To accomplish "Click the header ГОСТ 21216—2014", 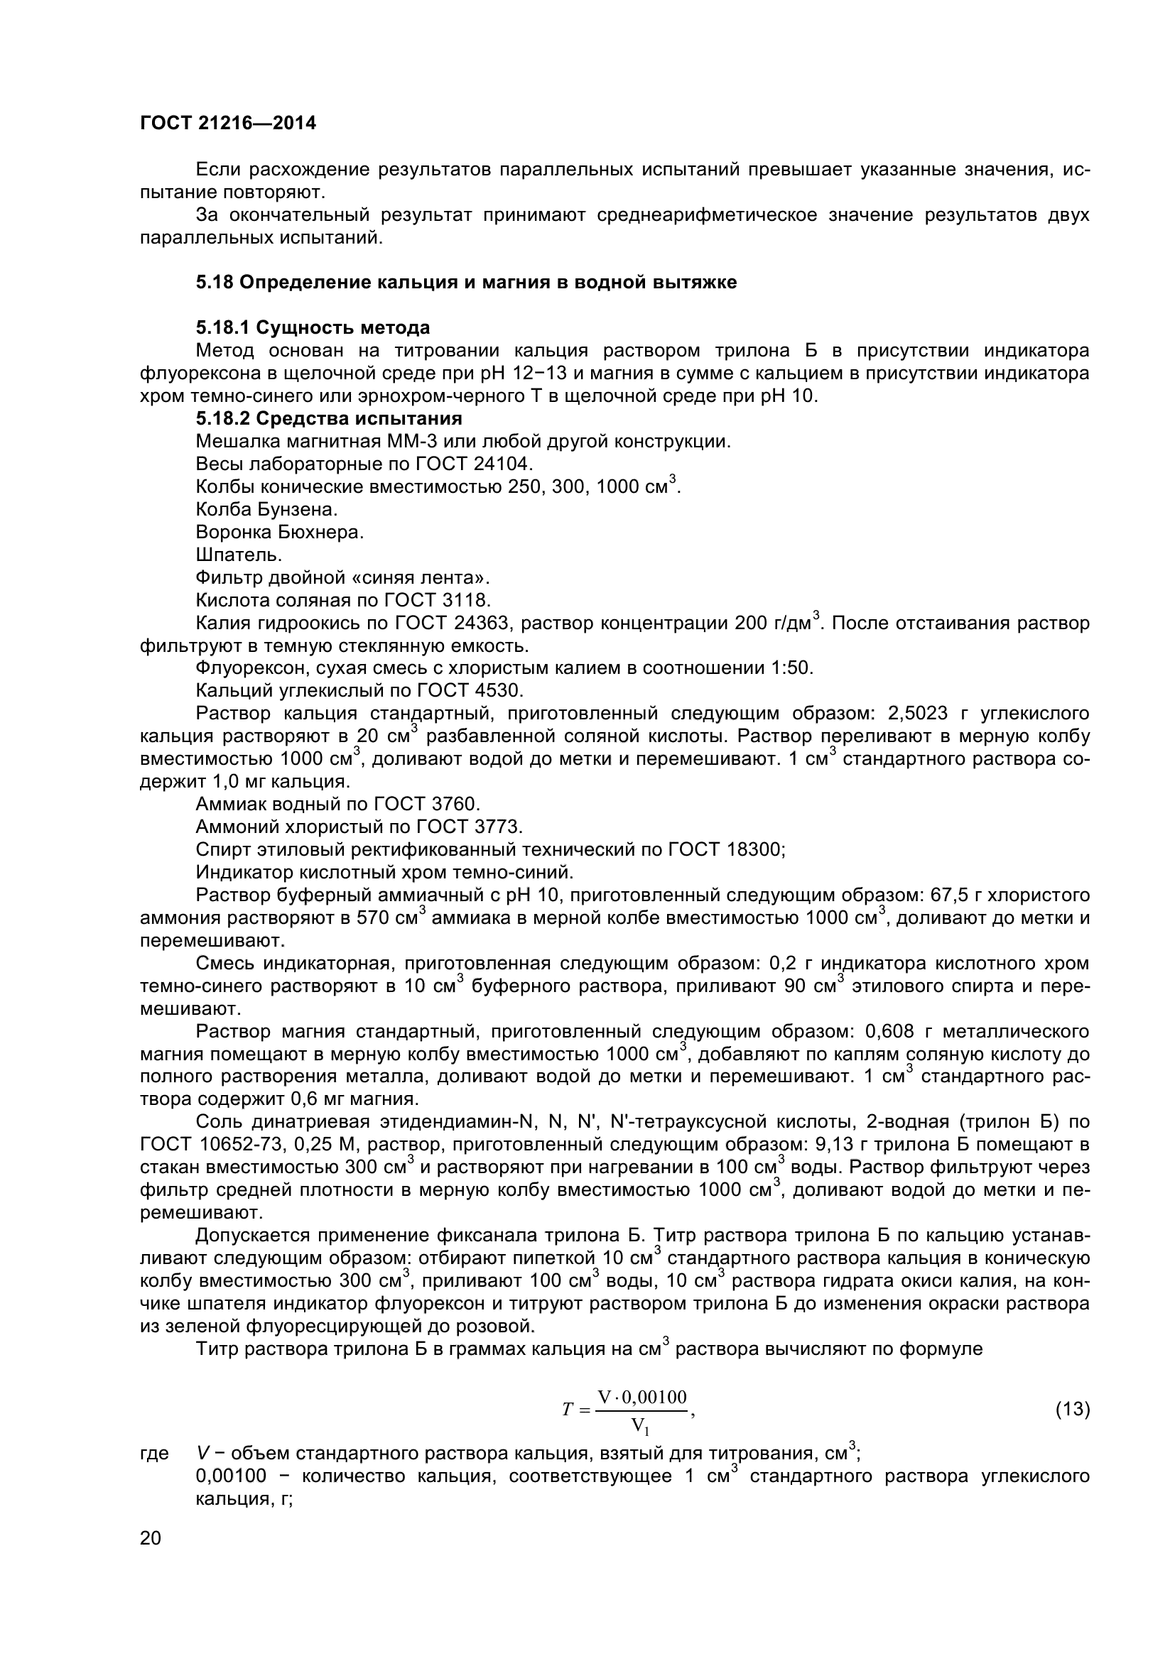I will pos(228,123).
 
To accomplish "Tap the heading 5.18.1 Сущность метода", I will pos(313,327).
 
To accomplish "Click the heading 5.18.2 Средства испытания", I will pos(328,418).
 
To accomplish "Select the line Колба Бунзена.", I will pos(267,509).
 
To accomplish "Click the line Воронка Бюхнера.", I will pos(279,533).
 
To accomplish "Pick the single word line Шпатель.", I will pos(239,555).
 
